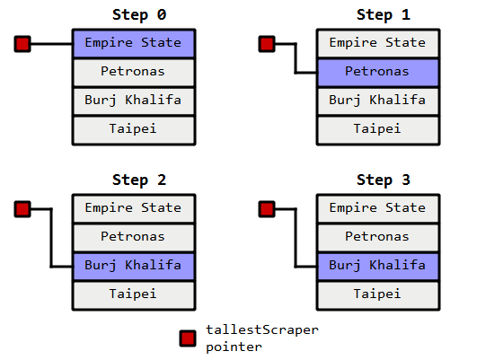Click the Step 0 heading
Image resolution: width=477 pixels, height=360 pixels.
tap(139, 15)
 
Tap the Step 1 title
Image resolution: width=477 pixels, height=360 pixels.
tap(384, 15)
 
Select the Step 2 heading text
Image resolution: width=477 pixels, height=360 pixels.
tap(139, 180)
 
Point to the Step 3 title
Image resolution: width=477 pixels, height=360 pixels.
tap(384, 180)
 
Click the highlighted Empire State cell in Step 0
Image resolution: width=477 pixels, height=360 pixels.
tap(134, 43)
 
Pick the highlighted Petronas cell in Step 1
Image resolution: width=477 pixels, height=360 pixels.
tap(378, 73)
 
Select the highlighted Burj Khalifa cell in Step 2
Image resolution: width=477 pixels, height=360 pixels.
tap(134, 267)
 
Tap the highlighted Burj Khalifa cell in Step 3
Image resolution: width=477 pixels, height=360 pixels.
tap(378, 267)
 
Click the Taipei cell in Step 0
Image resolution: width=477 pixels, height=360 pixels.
tap(134, 130)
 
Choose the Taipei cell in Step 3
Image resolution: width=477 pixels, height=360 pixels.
tap(378, 295)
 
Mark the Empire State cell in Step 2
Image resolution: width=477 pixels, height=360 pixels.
tap(134, 208)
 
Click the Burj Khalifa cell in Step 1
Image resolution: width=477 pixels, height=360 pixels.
tap(378, 101)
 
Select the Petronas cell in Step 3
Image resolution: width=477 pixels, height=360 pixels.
tap(378, 238)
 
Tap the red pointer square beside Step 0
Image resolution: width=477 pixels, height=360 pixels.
tap(22, 44)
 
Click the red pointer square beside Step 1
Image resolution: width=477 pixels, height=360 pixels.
tap(267, 44)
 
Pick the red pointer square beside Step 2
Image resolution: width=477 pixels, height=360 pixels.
tap(22, 209)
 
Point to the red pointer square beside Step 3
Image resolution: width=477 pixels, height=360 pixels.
tap(267, 209)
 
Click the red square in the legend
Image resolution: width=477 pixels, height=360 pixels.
tap(188, 338)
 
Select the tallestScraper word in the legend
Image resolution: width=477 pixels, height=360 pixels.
tap(262, 329)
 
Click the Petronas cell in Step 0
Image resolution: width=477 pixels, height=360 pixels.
tap(134, 73)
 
